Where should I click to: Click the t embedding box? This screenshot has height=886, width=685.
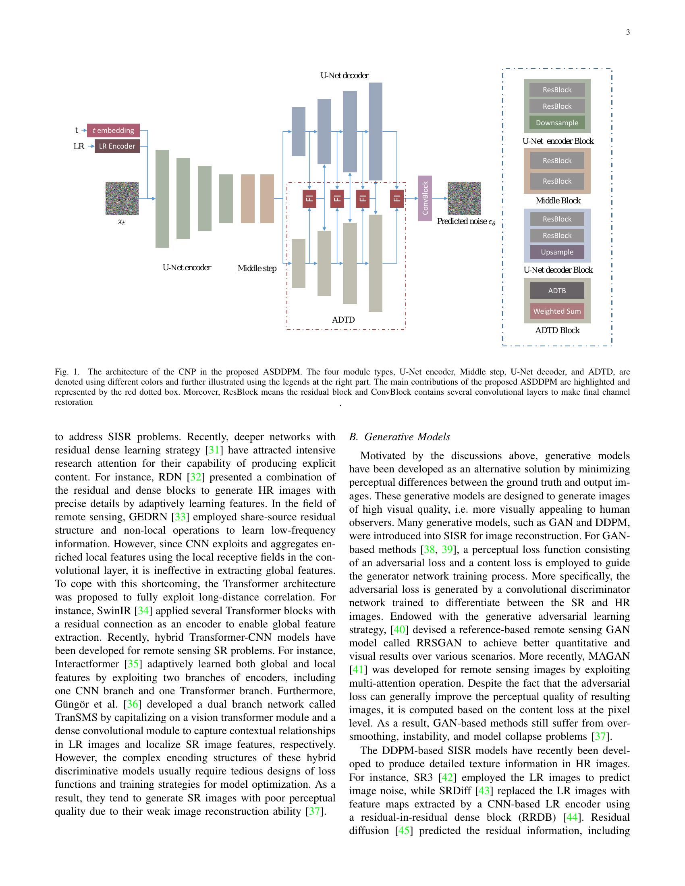click(113, 130)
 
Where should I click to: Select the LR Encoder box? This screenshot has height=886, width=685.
click(117, 146)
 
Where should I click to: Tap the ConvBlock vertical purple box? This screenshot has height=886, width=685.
click(425, 198)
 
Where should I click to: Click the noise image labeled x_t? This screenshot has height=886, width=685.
click(122, 199)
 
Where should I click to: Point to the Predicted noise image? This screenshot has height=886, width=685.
click(464, 199)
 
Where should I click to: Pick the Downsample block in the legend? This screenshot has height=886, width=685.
click(557, 122)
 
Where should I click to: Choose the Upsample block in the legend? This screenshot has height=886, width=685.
click(557, 252)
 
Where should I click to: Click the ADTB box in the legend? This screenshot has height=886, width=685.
click(557, 290)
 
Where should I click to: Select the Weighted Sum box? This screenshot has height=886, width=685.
click(557, 311)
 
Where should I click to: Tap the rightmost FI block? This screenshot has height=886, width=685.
click(397, 199)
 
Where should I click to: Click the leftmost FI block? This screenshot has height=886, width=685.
click(309, 199)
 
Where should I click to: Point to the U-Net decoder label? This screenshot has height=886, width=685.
click(344, 75)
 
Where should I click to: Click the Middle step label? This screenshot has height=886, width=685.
click(257, 268)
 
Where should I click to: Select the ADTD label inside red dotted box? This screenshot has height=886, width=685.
click(343, 320)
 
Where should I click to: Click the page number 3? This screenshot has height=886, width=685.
click(628, 33)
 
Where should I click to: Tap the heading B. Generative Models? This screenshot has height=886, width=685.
click(400, 437)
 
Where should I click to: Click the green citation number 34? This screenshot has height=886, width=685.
click(143, 611)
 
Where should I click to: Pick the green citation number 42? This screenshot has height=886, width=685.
click(447, 777)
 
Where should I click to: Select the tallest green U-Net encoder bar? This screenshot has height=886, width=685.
click(162, 199)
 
